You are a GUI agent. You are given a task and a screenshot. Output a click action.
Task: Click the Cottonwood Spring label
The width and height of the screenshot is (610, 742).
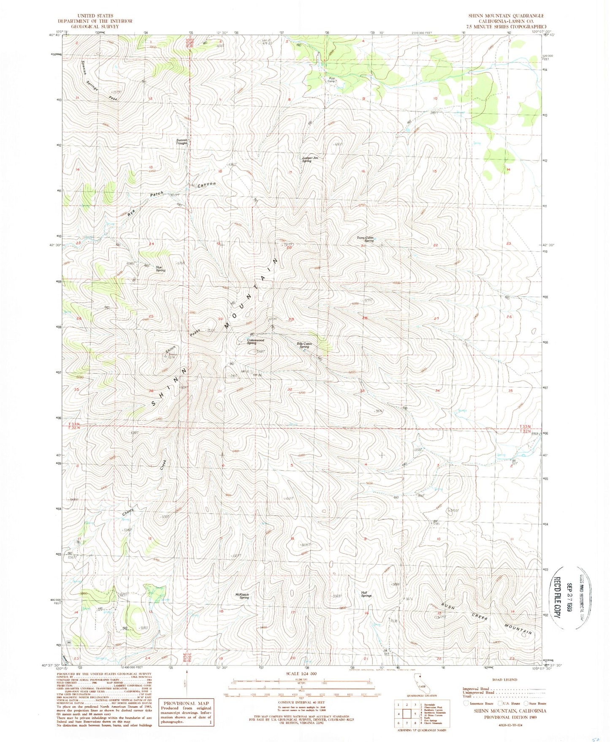pos(255,341)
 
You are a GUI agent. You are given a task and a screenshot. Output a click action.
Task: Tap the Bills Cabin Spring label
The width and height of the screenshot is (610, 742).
pos(304,345)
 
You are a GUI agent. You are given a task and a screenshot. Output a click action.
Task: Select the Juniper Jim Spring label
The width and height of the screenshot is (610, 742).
pos(309,159)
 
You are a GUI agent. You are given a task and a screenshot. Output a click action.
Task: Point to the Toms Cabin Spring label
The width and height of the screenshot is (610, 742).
pos(366,239)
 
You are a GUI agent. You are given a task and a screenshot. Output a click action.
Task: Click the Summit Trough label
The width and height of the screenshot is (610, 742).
pos(182,141)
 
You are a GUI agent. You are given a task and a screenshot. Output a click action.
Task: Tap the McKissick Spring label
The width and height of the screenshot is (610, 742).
pos(242,596)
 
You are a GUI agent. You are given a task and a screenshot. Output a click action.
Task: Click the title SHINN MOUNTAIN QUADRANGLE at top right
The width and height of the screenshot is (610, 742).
pos(506,16)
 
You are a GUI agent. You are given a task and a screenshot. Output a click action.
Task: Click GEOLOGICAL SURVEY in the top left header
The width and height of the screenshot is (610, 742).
pos(95,26)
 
